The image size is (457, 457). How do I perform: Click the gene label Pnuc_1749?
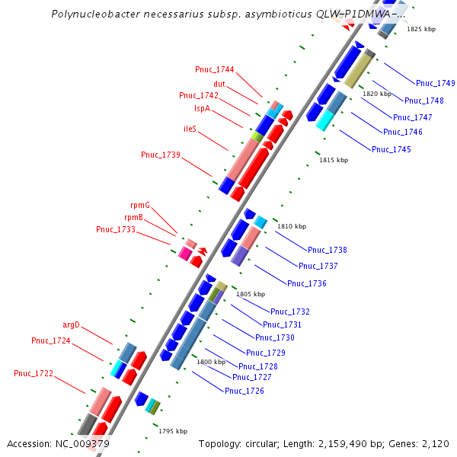[435, 83]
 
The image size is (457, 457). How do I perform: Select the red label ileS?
[190, 129]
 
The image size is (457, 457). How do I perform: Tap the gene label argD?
[70, 324]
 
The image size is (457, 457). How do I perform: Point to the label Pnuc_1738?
[327, 250]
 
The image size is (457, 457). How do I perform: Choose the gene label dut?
[219, 84]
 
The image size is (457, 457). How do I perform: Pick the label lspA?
[202, 109]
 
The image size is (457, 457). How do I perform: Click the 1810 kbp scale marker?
[291, 226]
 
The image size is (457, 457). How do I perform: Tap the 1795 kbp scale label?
[173, 431]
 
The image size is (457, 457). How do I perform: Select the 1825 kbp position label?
[421, 29]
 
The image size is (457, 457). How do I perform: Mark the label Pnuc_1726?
[244, 391]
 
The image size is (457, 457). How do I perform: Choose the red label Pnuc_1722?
[34, 373]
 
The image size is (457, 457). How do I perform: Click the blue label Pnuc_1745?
[391, 149]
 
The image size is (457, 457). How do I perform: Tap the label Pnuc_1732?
[289, 312]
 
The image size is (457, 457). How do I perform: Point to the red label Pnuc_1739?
[160, 155]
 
